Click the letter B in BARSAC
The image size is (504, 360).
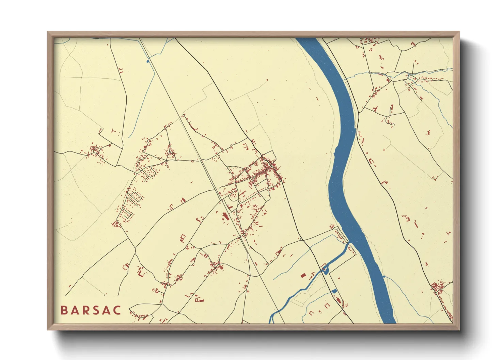click(x=64, y=310)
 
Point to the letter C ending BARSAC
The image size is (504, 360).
click(x=117, y=310)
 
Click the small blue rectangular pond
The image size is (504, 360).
click(x=334, y=291)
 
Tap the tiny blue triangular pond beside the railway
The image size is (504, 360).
click(x=148, y=61)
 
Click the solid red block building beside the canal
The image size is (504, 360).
click(x=303, y=275)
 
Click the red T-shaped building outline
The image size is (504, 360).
click(x=114, y=131)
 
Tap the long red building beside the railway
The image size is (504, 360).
click(x=224, y=216)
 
